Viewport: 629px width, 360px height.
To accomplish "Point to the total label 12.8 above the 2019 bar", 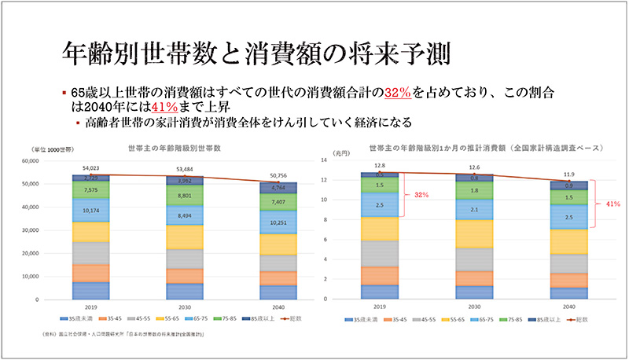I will tap(381, 166).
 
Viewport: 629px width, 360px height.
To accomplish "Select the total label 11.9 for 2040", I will tap(568, 174).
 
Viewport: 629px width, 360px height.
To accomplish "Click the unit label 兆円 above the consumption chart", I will tap(340, 152).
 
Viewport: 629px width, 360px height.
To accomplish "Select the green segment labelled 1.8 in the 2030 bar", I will tap(474, 190).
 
